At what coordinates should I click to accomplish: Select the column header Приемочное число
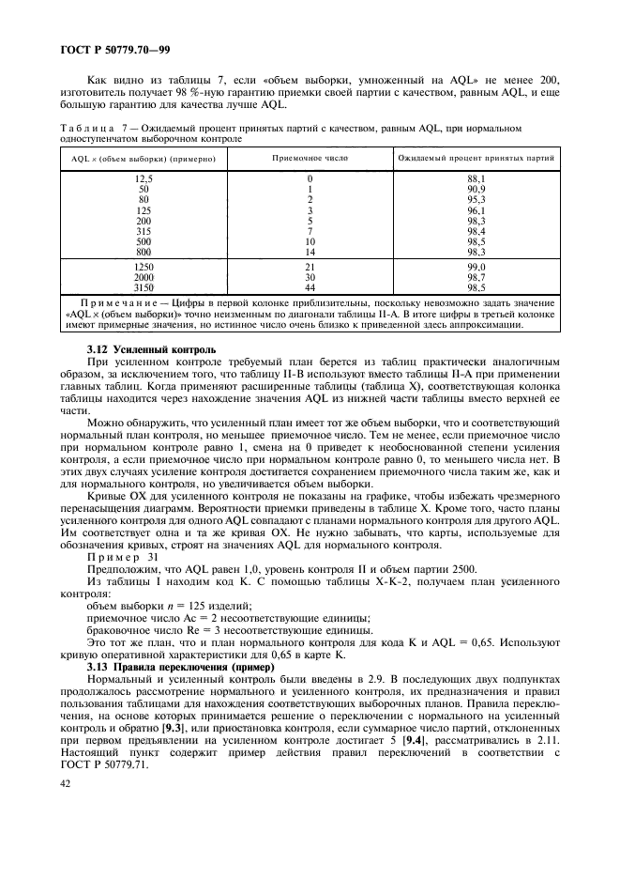310,160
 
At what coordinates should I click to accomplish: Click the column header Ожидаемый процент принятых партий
476,160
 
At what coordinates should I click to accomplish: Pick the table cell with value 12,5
143,178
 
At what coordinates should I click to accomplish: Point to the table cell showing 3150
143,286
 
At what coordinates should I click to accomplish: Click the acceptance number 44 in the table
310,286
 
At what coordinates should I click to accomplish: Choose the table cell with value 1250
143,268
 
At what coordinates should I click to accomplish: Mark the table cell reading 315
143,231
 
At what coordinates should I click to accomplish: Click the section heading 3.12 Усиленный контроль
151,349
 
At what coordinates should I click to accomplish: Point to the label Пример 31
123,557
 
